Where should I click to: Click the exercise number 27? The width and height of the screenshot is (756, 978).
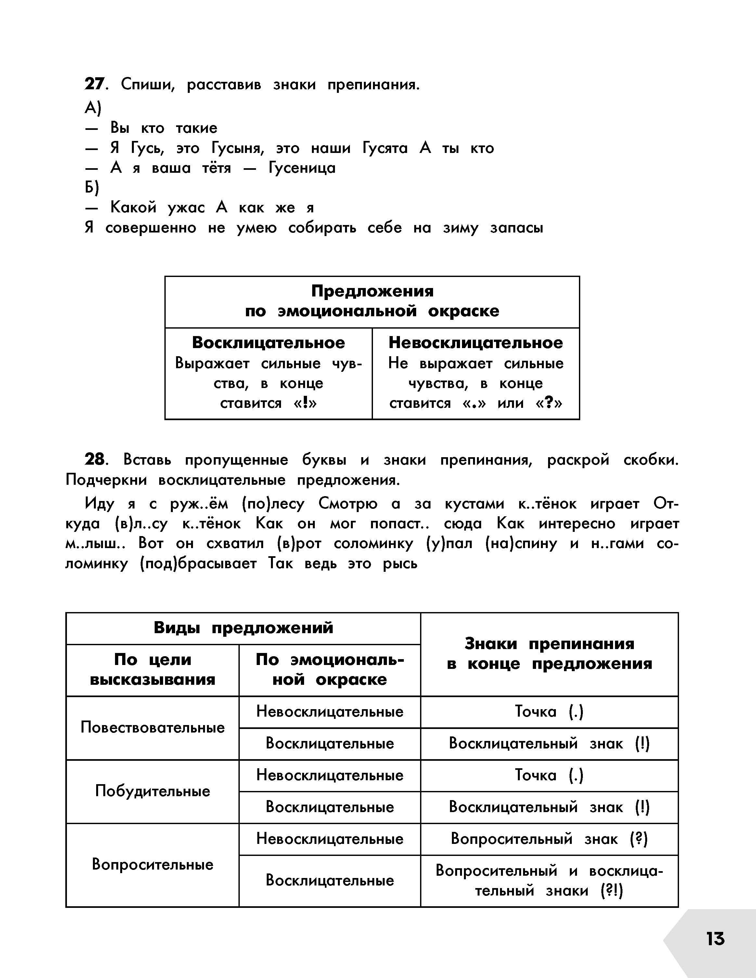coord(94,84)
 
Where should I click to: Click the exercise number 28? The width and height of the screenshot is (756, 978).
coord(95,460)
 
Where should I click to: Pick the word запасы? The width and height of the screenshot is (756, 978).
coord(517,228)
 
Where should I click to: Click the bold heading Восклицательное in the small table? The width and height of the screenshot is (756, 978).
coord(268,343)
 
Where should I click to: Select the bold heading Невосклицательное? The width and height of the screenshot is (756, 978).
coord(476,343)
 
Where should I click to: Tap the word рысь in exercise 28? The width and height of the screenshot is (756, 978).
coord(400,563)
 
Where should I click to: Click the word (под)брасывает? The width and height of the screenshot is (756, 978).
coord(198,563)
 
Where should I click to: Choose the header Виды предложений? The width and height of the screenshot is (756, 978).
coord(243,628)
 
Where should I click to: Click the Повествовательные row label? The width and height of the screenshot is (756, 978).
coord(152,728)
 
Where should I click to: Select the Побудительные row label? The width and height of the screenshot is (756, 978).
coord(152,791)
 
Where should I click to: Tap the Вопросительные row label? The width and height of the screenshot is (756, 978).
coord(152,864)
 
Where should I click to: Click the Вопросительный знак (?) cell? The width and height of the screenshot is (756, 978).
coord(549,839)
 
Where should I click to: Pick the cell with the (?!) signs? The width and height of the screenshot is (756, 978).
coord(549,881)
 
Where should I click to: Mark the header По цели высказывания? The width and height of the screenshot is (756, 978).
coord(152,670)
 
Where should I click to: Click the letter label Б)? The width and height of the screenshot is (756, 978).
coord(92,188)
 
